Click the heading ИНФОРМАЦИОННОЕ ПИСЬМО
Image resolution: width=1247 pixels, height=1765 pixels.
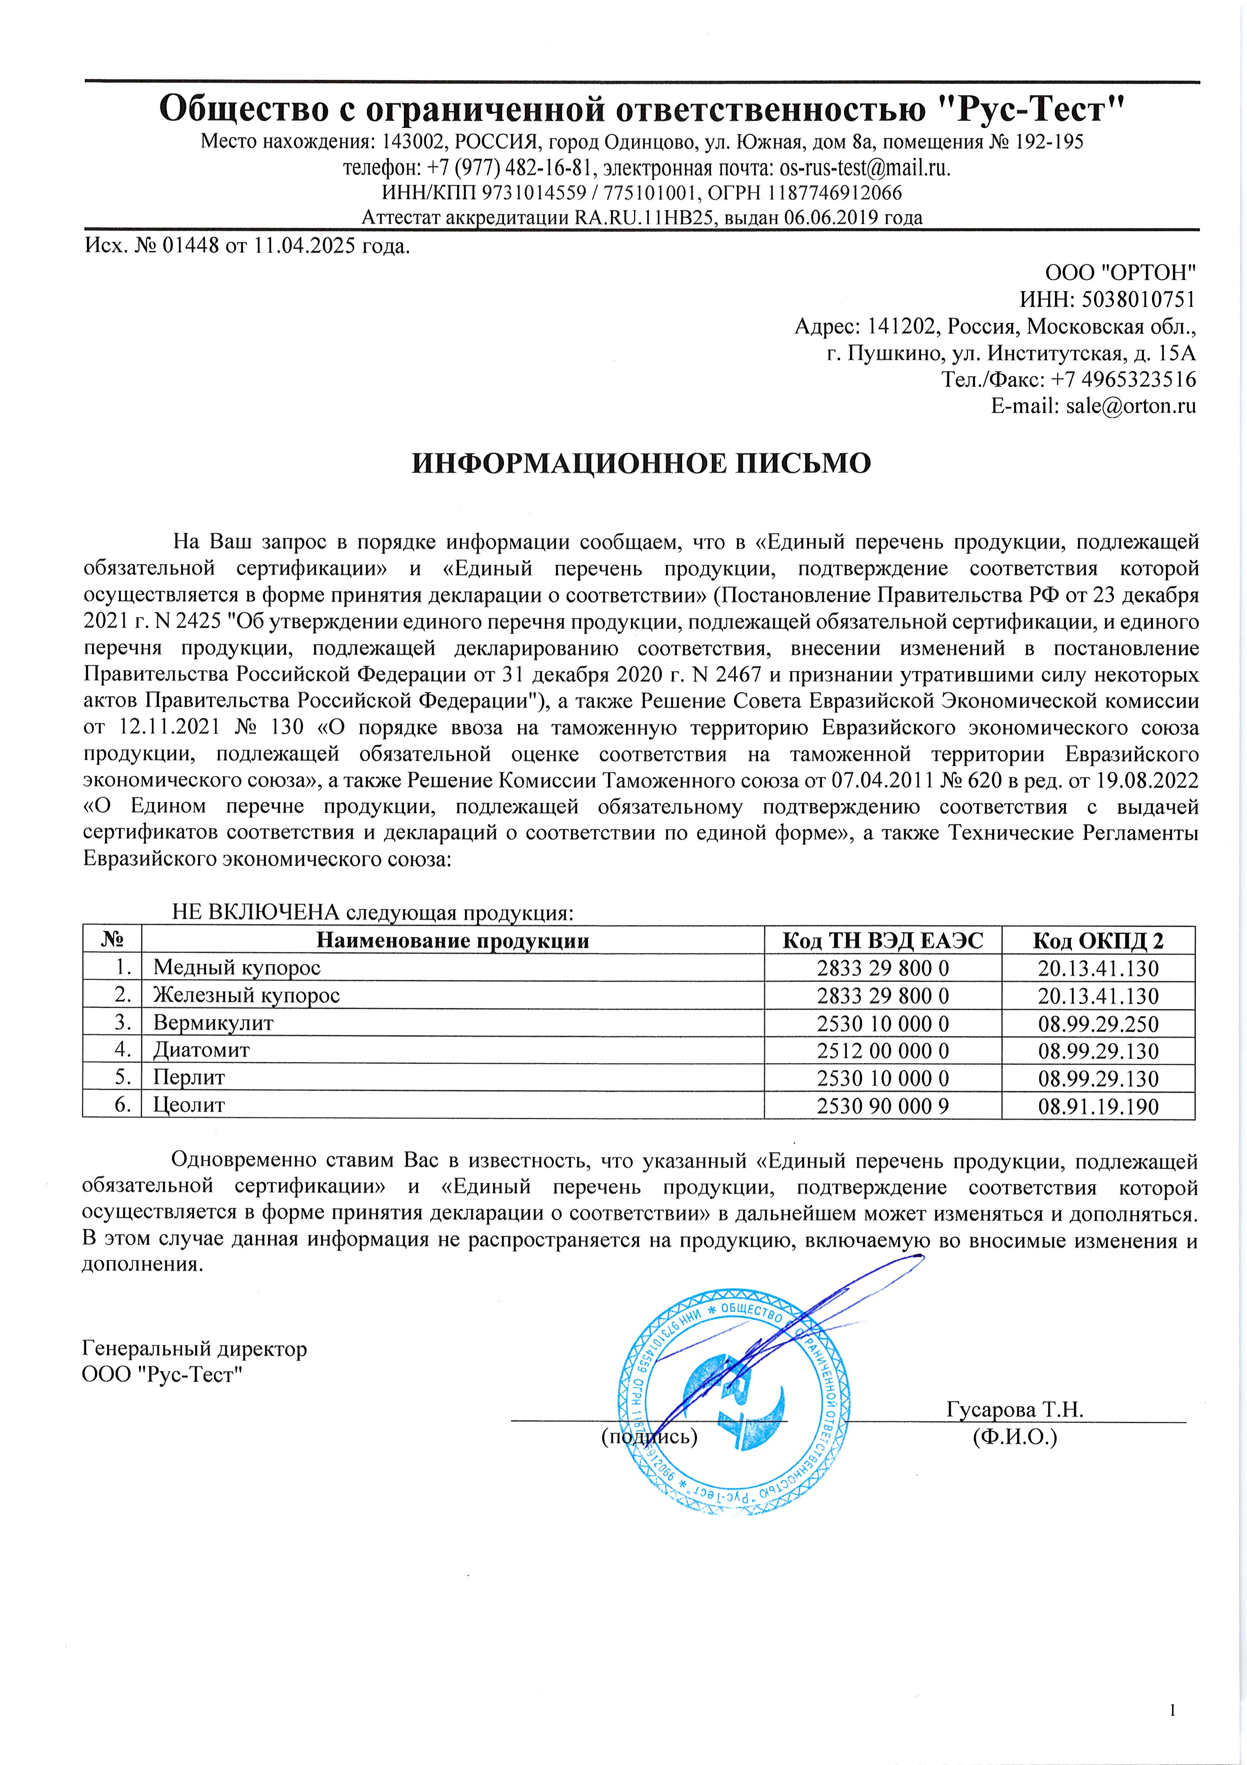coord(642,463)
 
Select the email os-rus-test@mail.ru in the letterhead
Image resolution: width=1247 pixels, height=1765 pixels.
coord(864,168)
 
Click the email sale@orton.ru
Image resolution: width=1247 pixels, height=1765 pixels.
coord(1130,406)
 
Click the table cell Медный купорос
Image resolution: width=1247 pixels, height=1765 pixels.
coord(237,968)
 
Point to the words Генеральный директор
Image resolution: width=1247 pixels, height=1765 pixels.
coord(195,1348)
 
